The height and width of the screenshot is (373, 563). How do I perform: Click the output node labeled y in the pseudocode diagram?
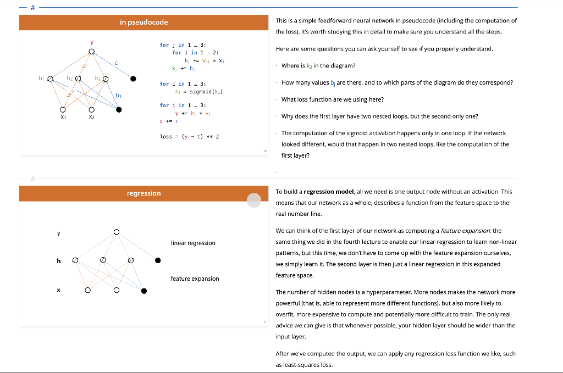point(92,52)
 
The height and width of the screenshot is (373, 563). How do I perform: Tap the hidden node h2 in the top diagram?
point(78,79)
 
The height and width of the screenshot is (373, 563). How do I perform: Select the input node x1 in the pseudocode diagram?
point(64,110)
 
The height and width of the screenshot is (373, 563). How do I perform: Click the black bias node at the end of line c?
point(133,79)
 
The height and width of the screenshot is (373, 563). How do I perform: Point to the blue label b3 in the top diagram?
point(118,96)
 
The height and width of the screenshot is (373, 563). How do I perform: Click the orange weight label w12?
point(70,94)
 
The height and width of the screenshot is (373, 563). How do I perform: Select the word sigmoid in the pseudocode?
point(203,91)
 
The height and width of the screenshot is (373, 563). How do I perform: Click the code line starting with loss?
point(190,136)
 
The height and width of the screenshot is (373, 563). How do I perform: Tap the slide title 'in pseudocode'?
point(143,23)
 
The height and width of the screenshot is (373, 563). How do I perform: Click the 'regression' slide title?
point(143,193)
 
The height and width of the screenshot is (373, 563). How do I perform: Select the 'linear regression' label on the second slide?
point(193,243)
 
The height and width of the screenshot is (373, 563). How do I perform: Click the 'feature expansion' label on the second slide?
point(195,279)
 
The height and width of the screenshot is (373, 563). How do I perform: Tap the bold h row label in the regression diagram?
point(58,260)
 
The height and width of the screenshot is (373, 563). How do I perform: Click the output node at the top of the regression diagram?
point(116,232)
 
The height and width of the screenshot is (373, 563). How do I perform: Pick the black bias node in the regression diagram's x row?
point(143,291)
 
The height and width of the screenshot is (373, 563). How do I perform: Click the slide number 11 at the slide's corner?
point(264,321)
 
